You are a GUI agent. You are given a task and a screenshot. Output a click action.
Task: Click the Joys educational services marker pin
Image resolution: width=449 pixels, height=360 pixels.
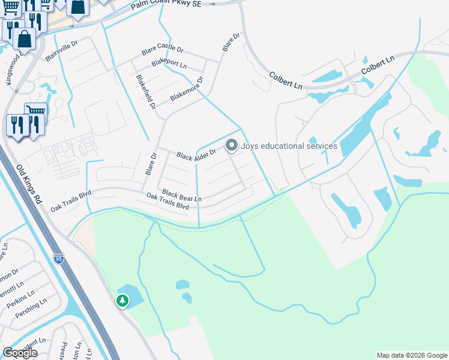(232, 145)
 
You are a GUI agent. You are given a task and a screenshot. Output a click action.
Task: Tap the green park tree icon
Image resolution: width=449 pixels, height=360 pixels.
(122, 300)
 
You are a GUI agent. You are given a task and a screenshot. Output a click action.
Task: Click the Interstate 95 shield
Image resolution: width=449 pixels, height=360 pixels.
(58, 259)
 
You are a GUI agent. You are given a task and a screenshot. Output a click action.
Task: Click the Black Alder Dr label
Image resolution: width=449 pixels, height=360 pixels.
(196, 155)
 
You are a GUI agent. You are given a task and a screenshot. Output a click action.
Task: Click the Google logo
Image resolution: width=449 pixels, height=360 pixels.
(20, 353)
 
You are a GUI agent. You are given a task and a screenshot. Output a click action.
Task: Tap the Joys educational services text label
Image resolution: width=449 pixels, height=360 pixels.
(289, 146)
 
